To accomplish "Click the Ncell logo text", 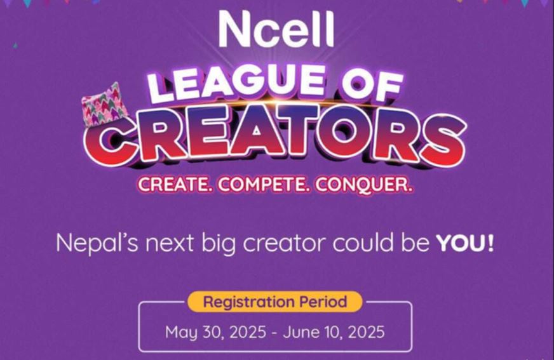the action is point(276,29).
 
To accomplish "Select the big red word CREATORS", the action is point(275,138).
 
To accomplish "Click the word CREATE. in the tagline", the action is point(175,185).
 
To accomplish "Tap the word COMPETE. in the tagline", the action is point(264,185).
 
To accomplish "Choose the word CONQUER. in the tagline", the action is point(363,185).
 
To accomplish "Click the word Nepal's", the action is point(97,243).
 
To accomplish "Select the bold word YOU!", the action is point(464,243).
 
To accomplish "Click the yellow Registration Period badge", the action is point(275,302).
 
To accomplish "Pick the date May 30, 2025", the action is point(215,333).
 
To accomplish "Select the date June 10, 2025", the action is point(334,332).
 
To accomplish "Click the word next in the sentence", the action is point(170,244).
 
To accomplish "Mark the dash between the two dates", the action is point(274,333).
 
